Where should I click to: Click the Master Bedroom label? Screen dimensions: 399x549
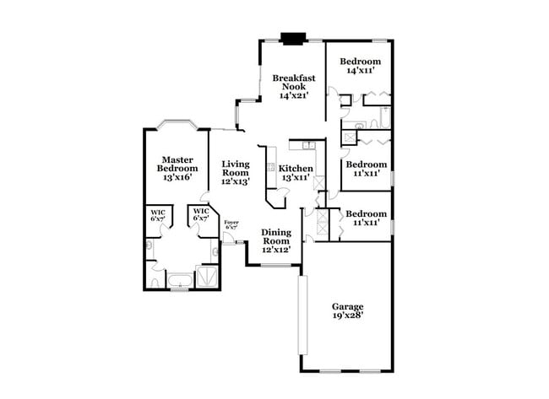click(178, 164)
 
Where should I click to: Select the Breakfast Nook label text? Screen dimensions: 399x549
click(294, 86)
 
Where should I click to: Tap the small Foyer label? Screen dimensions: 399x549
click(231, 222)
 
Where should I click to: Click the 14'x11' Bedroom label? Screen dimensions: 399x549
click(360, 67)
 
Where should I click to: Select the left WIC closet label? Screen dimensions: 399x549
click(158, 214)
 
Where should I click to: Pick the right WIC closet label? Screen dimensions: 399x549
click(200, 214)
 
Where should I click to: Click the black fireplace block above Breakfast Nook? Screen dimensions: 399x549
click(293, 38)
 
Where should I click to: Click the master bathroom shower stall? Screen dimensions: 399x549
click(208, 277)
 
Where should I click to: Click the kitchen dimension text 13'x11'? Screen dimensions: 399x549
click(295, 178)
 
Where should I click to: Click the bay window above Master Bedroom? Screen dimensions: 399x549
click(178, 126)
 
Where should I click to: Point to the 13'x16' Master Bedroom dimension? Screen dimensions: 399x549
click(178, 178)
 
